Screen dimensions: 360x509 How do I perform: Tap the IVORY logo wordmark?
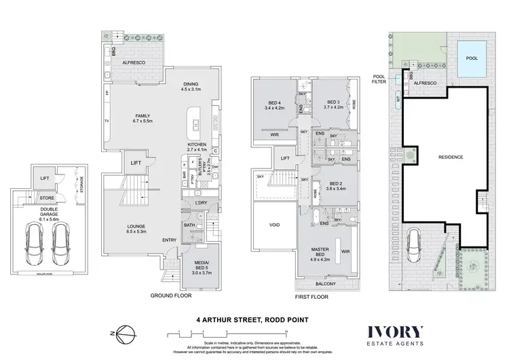tap(396, 332)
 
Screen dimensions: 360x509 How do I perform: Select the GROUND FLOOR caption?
tap(171, 297)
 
